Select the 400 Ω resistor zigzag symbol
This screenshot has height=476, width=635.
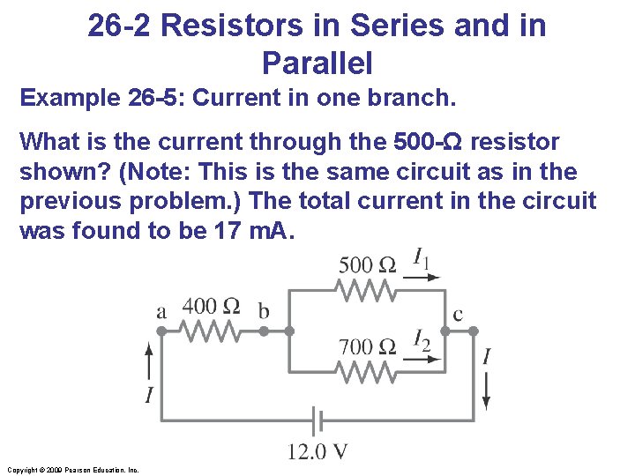(212, 331)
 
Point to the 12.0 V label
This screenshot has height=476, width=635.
(317, 453)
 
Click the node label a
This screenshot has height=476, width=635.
(161, 311)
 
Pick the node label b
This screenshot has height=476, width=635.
(263, 311)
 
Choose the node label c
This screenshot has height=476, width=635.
(458, 313)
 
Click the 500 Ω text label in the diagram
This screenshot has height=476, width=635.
(367, 264)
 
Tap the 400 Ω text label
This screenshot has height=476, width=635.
(211, 306)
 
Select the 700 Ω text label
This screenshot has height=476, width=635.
(368, 346)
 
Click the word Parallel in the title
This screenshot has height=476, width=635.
(317, 63)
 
